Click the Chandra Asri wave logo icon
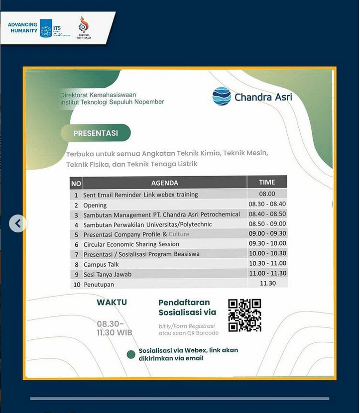click(222, 96)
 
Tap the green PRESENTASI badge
click(96, 133)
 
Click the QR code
click(244, 315)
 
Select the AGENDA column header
click(164, 183)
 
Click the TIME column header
click(267, 182)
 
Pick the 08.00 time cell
click(267, 194)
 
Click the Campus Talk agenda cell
click(101, 264)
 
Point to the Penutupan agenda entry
click(99, 284)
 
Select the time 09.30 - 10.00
click(267, 243)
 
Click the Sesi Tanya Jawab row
click(108, 274)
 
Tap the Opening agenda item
click(95, 205)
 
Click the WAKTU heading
click(112, 302)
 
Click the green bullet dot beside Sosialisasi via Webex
click(131, 354)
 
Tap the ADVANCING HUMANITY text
click(22, 27)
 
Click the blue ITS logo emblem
click(46, 28)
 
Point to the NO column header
click(76, 183)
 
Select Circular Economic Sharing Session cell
click(131, 244)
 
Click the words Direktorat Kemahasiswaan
click(98, 95)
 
